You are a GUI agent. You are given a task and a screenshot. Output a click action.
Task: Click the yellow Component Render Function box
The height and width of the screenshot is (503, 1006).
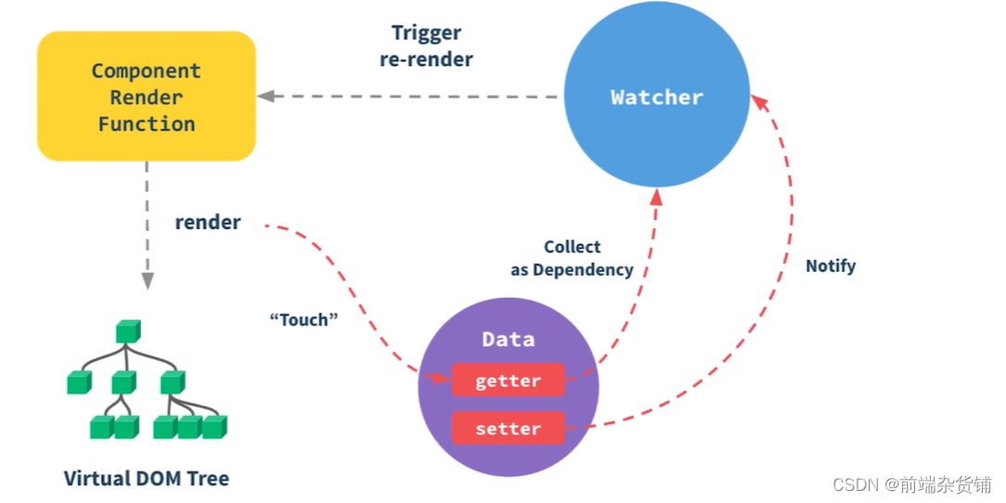[x=146, y=97]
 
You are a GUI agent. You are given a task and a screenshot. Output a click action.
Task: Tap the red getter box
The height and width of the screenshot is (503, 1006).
[x=508, y=380]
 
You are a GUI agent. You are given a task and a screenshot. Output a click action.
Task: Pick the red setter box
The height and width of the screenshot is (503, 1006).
[x=508, y=429]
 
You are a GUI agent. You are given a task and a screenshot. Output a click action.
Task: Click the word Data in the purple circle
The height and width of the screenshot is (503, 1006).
[x=508, y=340]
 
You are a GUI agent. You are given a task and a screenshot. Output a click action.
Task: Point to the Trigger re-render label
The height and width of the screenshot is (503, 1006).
[x=427, y=46]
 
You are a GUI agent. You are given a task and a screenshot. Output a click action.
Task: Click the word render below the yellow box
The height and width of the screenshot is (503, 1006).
[x=208, y=223]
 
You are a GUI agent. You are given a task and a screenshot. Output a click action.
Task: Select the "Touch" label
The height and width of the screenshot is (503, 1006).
[x=303, y=320]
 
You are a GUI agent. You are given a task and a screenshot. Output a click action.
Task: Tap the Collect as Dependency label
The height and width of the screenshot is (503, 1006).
[x=572, y=258]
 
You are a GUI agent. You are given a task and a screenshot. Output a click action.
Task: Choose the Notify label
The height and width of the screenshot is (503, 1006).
[x=830, y=266]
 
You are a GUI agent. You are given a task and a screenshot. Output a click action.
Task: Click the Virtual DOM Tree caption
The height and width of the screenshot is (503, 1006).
[x=146, y=479]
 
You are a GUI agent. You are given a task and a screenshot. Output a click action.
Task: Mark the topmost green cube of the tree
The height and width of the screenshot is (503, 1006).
[x=128, y=331]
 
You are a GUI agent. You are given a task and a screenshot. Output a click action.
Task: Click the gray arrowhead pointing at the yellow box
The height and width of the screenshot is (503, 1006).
[x=265, y=96]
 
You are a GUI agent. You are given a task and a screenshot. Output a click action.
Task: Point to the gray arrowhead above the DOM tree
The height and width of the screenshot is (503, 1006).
[x=146, y=281]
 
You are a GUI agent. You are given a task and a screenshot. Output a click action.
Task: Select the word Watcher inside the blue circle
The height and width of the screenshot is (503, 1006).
[x=656, y=97]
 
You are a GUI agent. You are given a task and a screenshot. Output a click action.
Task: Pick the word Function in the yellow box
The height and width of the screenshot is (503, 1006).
[x=146, y=124]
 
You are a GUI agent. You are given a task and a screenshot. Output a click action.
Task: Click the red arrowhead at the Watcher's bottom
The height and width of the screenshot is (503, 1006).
[x=656, y=196]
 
